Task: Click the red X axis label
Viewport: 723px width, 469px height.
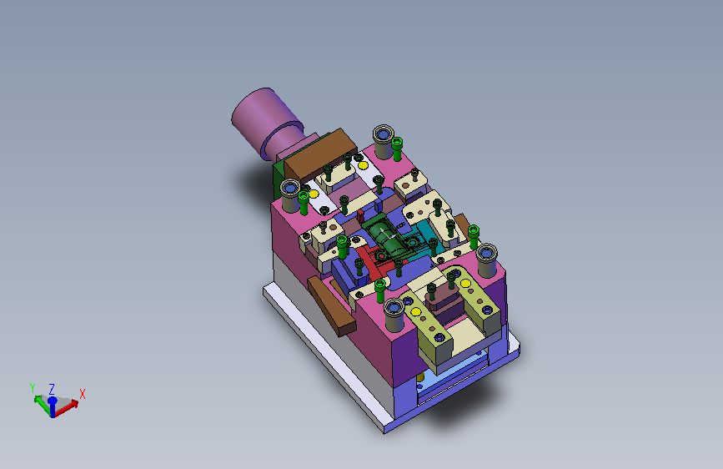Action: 83,394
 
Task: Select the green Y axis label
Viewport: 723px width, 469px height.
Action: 33,388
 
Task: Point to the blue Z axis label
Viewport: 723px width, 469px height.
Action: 52,389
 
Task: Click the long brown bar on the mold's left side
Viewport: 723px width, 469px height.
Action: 332,305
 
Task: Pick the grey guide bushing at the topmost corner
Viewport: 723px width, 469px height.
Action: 383,141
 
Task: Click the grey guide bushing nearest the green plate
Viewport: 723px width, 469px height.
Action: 290,195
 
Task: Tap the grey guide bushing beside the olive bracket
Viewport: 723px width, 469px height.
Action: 394,315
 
